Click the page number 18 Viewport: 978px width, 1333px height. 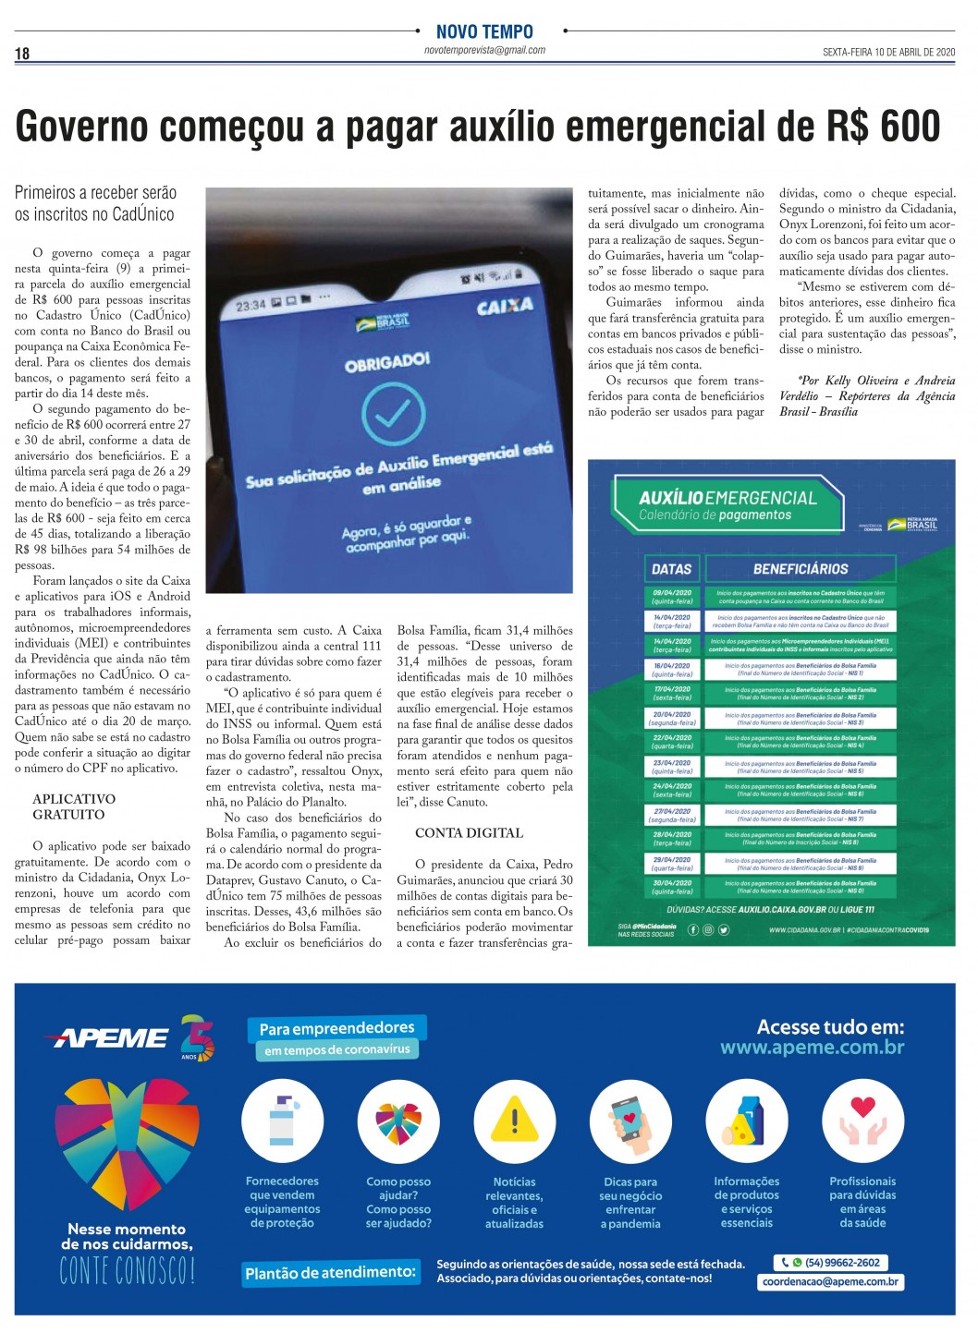[22, 54]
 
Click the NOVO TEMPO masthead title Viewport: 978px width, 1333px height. [484, 31]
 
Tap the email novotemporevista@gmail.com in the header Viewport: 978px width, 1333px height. [484, 50]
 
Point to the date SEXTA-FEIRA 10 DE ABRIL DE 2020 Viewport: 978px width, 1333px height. [888, 53]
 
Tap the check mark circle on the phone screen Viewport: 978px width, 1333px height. [393, 413]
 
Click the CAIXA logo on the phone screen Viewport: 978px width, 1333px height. [505, 306]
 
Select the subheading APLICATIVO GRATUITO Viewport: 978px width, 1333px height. [74, 806]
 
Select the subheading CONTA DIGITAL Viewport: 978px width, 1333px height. [469, 832]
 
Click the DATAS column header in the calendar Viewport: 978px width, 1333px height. [672, 569]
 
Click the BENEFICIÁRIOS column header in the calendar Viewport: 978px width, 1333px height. [801, 569]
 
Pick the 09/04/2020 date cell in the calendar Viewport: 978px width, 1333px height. [672, 597]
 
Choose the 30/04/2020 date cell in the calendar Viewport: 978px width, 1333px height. [672, 887]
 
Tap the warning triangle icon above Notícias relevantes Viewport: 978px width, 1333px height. [514, 1121]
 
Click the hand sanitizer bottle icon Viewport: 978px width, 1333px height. [282, 1121]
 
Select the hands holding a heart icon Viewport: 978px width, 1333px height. [862, 1121]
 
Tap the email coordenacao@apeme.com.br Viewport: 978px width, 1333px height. [830, 1281]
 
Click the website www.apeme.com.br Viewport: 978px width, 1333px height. [812, 1048]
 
